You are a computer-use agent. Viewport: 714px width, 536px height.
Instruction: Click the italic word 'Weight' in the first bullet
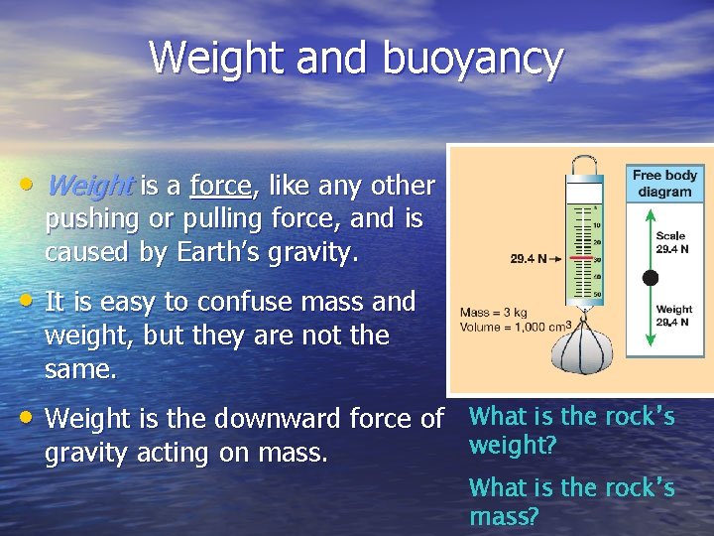point(89,186)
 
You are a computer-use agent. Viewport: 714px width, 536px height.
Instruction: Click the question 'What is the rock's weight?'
point(571,431)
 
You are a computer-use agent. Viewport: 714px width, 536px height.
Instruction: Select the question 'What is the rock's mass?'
point(571,501)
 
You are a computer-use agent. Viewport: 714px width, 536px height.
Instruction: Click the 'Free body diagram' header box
point(664,183)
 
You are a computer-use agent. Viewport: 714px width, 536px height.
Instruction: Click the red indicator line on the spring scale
point(583,259)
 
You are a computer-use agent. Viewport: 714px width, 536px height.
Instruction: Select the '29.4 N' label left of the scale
point(529,260)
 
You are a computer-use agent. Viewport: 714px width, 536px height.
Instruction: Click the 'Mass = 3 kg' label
point(494,312)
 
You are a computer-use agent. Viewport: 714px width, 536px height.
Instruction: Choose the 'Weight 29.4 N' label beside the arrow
point(674,316)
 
